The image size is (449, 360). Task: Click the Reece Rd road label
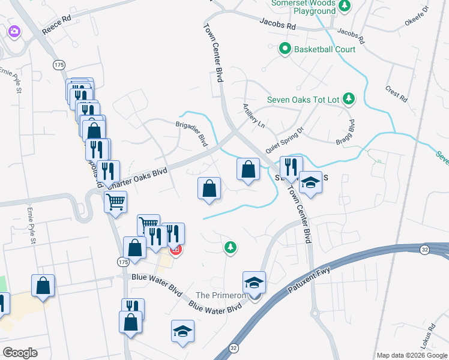click(57, 26)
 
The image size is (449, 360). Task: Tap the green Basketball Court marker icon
click(286, 49)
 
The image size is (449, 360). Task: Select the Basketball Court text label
click(325, 49)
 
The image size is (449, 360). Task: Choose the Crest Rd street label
click(397, 91)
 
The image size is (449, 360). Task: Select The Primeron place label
click(221, 295)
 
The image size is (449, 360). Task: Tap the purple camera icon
click(14, 31)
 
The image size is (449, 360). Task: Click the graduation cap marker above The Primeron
click(255, 282)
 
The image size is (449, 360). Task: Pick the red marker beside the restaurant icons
click(175, 250)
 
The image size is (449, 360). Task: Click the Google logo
click(19, 353)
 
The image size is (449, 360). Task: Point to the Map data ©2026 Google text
click(412, 355)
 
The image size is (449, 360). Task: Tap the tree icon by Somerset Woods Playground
click(345, 7)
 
